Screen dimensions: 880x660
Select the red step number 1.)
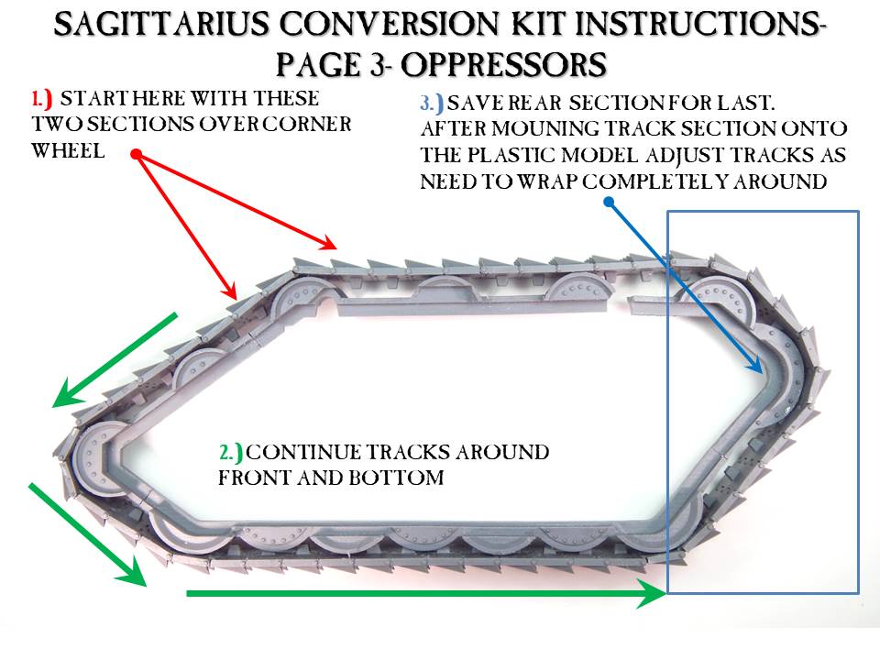(x=42, y=99)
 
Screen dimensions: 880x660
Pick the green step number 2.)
(x=231, y=452)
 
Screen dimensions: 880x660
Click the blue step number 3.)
(x=432, y=104)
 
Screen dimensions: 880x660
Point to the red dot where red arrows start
(x=137, y=154)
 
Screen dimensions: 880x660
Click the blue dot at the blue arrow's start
(x=610, y=202)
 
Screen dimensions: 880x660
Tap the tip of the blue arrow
(x=762, y=373)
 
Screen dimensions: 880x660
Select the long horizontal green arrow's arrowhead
(x=652, y=594)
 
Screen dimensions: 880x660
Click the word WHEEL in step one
(x=68, y=151)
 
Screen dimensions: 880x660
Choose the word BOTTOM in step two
(x=396, y=478)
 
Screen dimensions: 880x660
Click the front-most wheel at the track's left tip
(x=93, y=456)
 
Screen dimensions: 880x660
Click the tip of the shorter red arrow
(x=236, y=299)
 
